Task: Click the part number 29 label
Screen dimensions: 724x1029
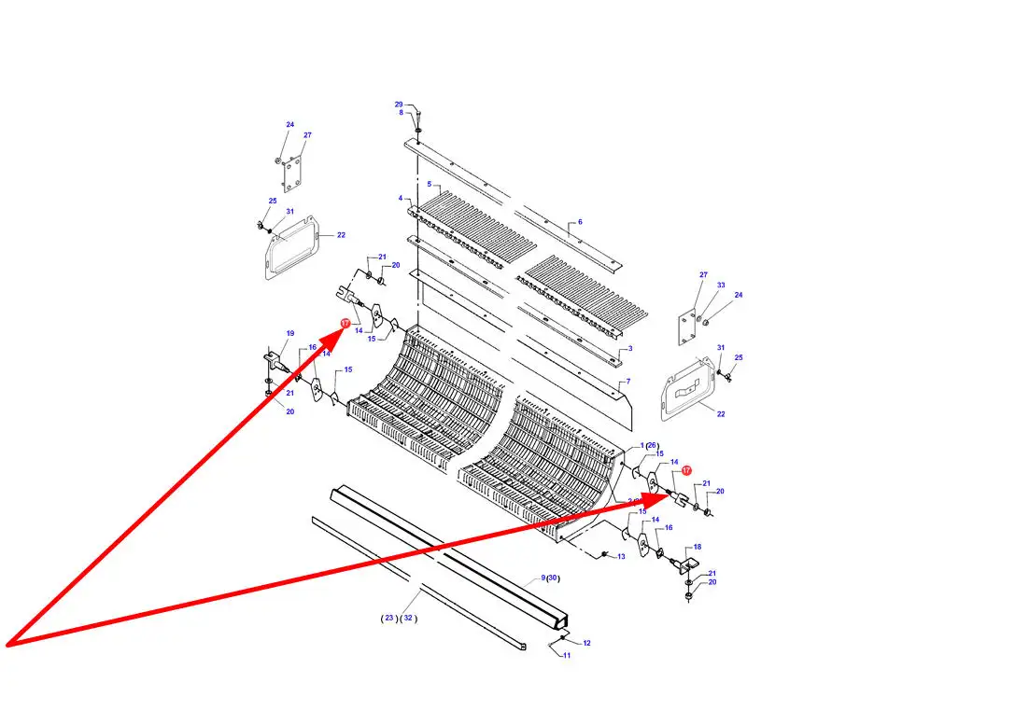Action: [x=399, y=104]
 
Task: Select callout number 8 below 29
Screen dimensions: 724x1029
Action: [x=402, y=113]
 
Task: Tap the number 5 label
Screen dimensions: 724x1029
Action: [x=430, y=185]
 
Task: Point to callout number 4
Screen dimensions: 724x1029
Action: [x=401, y=199]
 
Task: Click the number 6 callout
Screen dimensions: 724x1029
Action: [x=580, y=222]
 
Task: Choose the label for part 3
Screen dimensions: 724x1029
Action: [x=630, y=348]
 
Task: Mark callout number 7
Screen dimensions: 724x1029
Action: [x=628, y=382]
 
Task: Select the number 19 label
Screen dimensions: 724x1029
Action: [x=290, y=333]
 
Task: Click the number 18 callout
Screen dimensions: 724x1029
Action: [x=698, y=548]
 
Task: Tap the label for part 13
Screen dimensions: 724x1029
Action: [x=621, y=557]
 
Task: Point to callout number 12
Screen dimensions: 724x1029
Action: [x=586, y=644]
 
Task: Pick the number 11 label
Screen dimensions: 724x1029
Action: [x=567, y=656]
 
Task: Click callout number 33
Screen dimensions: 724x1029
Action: [x=721, y=285]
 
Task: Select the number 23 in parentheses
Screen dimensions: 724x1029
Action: [x=389, y=619]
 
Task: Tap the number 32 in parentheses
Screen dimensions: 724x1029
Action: [x=409, y=619]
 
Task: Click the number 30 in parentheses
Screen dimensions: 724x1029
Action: [x=553, y=578]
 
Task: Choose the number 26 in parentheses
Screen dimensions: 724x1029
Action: [x=652, y=445]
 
